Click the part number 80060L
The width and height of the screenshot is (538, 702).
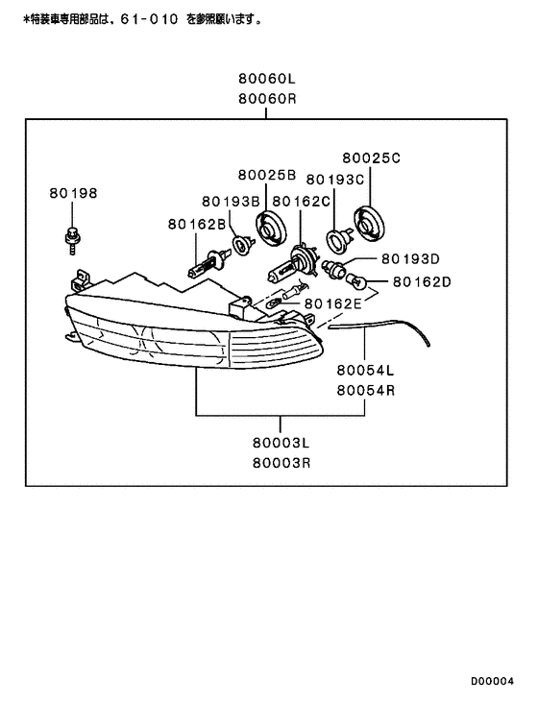pyautogui.click(x=266, y=79)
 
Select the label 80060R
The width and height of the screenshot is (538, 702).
pyautogui.click(x=267, y=99)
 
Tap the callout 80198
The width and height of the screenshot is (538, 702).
pyautogui.click(x=73, y=193)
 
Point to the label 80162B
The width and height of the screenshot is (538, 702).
pyautogui.click(x=197, y=224)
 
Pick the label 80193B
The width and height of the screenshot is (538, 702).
pyautogui.click(x=231, y=202)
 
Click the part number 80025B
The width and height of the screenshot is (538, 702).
pyautogui.click(x=267, y=175)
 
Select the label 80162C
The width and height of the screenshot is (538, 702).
pyautogui.click(x=301, y=202)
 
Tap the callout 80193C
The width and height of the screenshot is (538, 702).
pyautogui.click(x=335, y=180)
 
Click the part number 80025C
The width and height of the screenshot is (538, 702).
pyautogui.click(x=372, y=158)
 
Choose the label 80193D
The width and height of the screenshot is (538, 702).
pyautogui.click(x=410, y=258)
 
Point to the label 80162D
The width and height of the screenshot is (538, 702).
pyautogui.click(x=422, y=282)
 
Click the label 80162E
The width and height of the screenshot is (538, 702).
pyautogui.click(x=332, y=304)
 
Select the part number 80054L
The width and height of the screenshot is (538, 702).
pyautogui.click(x=365, y=371)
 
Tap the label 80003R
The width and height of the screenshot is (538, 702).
pyautogui.click(x=281, y=463)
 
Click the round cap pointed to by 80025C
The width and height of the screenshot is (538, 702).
pyautogui.click(x=369, y=224)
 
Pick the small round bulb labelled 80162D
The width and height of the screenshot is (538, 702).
pyautogui.click(x=357, y=281)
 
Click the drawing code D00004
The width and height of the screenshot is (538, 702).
pyautogui.click(x=492, y=682)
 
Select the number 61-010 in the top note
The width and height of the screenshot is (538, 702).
pyautogui.click(x=149, y=19)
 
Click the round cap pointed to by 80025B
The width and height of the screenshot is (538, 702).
pyautogui.click(x=271, y=229)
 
